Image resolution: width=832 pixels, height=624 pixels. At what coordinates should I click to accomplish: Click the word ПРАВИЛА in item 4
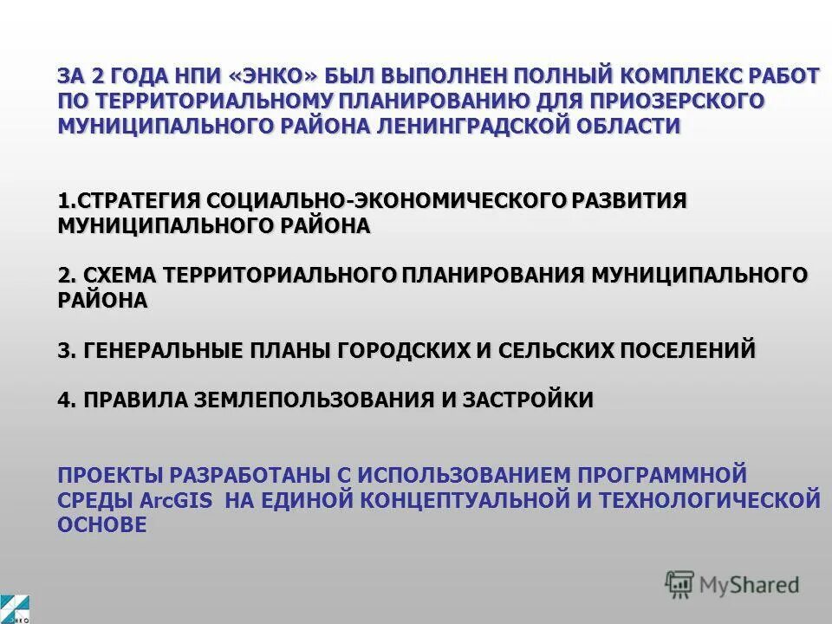tap(133, 400)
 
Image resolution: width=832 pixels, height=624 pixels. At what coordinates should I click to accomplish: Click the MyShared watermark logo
tap(732, 585)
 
